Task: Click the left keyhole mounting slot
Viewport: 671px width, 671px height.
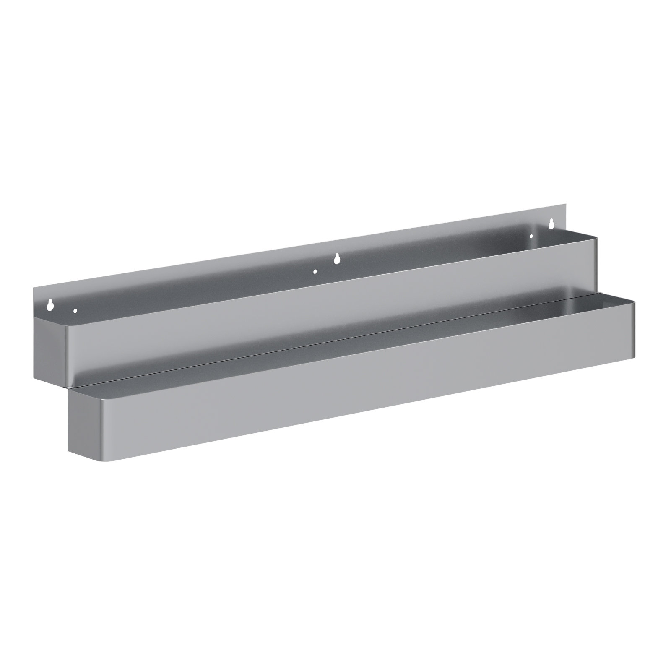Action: pyautogui.click(x=50, y=304)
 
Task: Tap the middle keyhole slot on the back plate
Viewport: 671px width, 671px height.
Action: pyautogui.click(x=336, y=259)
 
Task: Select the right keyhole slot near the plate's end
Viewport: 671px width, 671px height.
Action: pyautogui.click(x=551, y=224)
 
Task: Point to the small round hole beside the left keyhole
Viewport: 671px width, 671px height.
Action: pyautogui.click(x=75, y=311)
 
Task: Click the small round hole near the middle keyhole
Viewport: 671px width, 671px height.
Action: pyautogui.click(x=315, y=271)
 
